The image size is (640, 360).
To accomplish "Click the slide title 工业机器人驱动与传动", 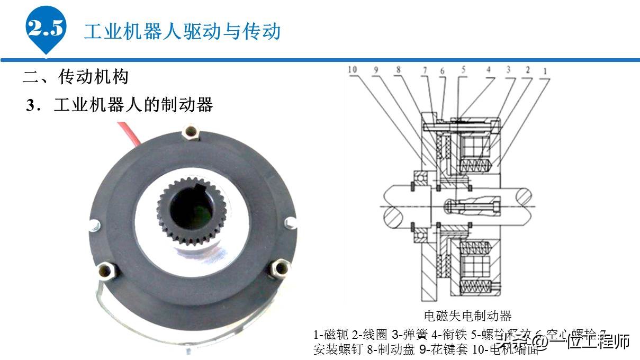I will pos(182,32).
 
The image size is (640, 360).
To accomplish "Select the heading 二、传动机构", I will pos(76,77).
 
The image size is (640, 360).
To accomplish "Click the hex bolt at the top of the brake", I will pos(191,134).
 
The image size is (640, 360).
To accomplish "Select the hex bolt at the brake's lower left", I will pos(106,271).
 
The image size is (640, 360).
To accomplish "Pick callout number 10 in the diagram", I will pos(353,69).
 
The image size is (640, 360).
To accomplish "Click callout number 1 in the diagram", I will pos(545,69).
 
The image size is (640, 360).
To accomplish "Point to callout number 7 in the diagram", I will pos(425,69).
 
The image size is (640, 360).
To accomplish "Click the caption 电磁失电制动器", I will pos(468,316).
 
